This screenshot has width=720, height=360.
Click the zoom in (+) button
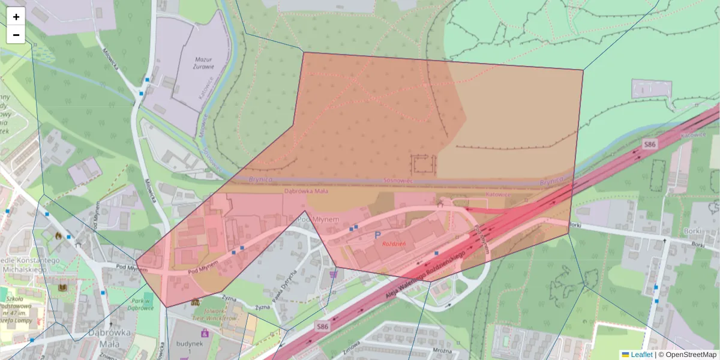[16, 17]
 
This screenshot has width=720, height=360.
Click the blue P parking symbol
[377, 235]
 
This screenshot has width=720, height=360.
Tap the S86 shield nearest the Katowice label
[649, 144]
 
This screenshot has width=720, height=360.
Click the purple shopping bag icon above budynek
[205, 332]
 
